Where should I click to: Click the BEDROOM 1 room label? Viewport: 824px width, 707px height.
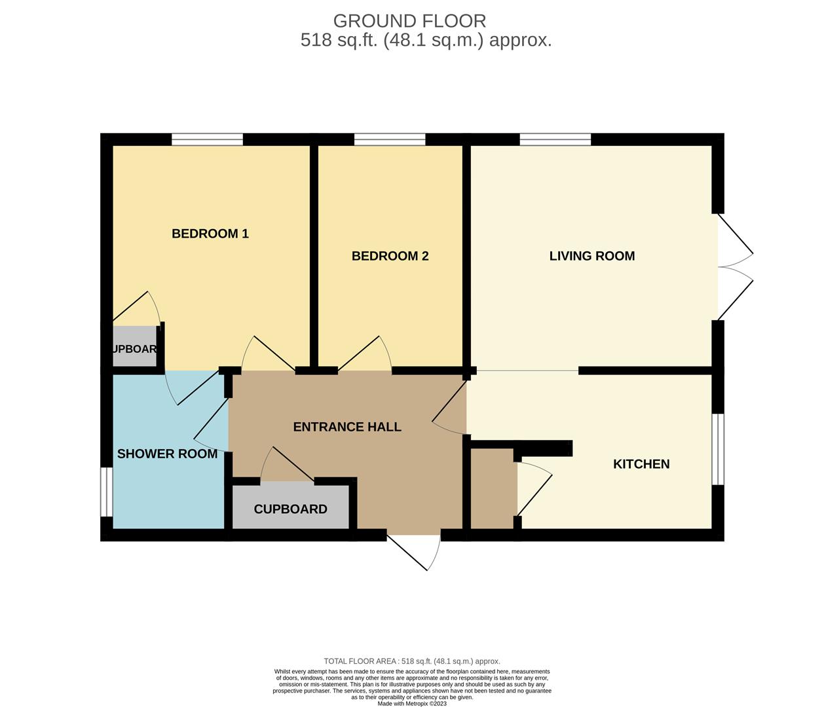click(x=210, y=234)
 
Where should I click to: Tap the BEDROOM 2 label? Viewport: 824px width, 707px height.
click(x=390, y=256)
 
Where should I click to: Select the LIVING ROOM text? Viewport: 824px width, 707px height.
click(x=591, y=256)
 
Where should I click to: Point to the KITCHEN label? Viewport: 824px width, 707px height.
click(x=641, y=464)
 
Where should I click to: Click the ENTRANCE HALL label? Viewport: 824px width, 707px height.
click(x=346, y=427)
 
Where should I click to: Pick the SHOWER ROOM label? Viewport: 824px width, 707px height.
click(x=167, y=454)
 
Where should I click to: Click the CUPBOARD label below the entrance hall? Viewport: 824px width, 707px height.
click(x=290, y=509)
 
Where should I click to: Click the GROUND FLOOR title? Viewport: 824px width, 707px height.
click(x=409, y=21)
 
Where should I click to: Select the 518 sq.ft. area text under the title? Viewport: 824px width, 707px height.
click(x=426, y=41)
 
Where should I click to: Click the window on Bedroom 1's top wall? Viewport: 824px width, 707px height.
click(x=207, y=139)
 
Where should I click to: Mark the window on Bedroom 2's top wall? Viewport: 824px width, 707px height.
click(x=389, y=139)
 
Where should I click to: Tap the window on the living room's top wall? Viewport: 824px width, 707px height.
click(x=555, y=139)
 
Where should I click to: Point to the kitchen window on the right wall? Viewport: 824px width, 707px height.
click(x=718, y=449)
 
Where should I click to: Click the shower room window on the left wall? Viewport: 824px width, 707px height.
click(x=106, y=492)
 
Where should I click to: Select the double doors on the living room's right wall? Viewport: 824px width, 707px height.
click(x=734, y=267)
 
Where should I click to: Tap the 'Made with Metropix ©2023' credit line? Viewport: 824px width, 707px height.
click(x=412, y=704)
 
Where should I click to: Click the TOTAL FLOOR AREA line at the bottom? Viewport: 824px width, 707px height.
click(x=412, y=661)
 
